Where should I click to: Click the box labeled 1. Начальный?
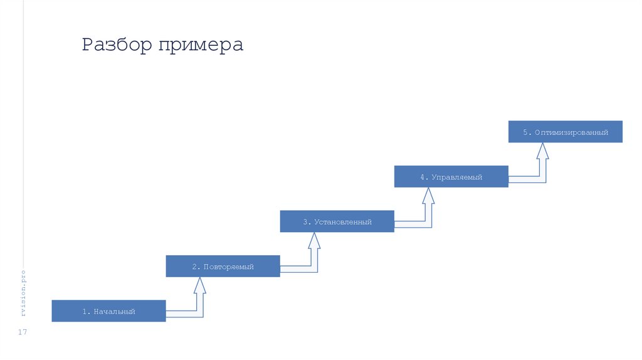tap(108, 311)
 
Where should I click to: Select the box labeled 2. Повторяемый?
tap(223, 267)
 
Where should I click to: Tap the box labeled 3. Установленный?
tap(337, 222)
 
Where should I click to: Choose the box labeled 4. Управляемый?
tap(451, 177)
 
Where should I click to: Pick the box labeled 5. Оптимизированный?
tap(565, 132)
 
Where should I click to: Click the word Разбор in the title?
tap(117, 46)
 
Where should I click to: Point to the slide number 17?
tap(23, 332)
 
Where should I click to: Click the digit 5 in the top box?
tap(525, 132)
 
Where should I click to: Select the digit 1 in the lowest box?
tap(84, 311)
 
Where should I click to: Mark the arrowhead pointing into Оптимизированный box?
tap(542, 151)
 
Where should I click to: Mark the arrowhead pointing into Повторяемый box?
tap(200, 285)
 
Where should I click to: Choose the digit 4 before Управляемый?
tap(423, 177)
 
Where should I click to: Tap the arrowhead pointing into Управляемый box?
tap(428, 195)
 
